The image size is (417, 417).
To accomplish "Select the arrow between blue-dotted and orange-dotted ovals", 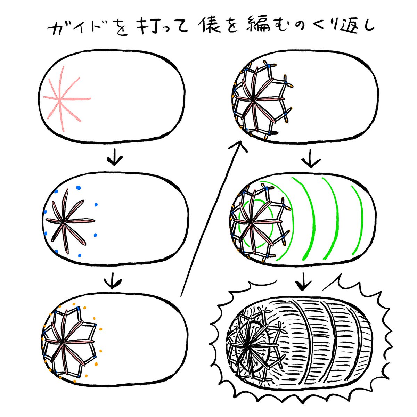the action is pos(113,281).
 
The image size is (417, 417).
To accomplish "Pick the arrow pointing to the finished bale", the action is pos(303,281).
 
